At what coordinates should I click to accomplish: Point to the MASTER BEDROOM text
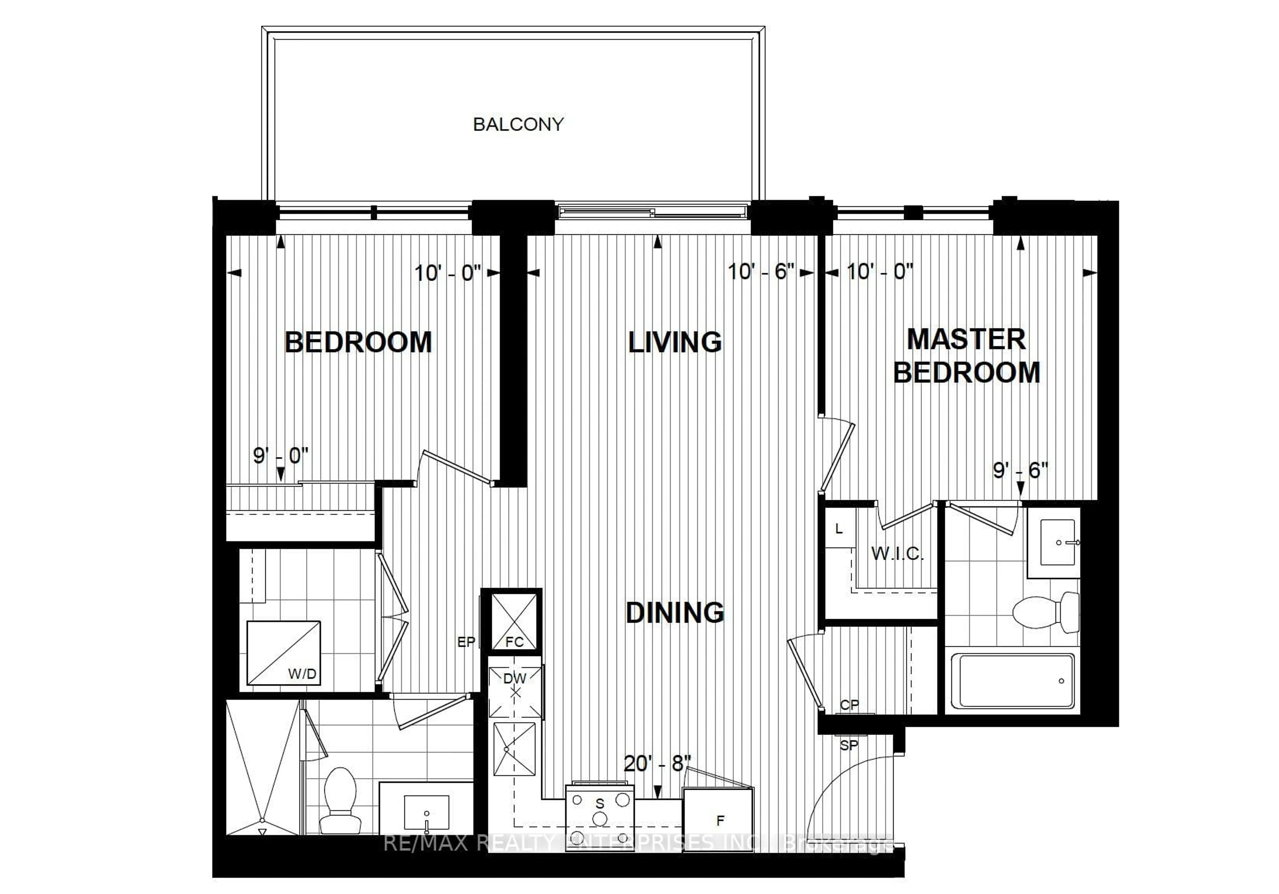coord(967,356)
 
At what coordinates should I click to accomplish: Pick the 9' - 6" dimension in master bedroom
coord(1021,470)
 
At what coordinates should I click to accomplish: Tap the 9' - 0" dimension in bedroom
coord(280,456)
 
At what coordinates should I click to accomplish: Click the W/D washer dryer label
coord(302,674)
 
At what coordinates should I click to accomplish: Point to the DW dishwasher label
coord(514,678)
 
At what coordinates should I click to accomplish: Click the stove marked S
coord(600,818)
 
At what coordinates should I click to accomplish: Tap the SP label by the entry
coord(849,745)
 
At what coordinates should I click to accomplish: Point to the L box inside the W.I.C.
coord(839,529)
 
